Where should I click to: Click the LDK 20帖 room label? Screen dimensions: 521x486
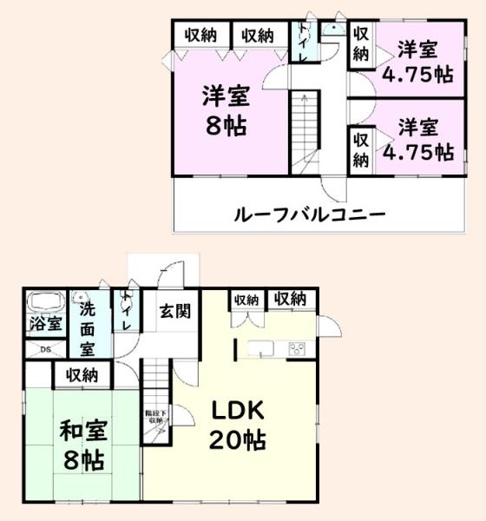(236, 424)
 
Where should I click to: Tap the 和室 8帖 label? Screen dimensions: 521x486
(82, 444)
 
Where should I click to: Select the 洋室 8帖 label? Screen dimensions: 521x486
(226, 108)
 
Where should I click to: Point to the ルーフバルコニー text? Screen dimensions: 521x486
(308, 213)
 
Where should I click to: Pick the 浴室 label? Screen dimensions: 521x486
(44, 325)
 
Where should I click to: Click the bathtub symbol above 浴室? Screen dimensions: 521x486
(44, 303)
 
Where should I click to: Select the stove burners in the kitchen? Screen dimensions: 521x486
(297, 349)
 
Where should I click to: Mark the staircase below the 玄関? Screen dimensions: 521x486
(158, 382)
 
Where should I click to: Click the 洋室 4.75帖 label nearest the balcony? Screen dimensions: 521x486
(426, 139)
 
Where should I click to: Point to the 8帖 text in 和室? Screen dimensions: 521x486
(82, 458)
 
